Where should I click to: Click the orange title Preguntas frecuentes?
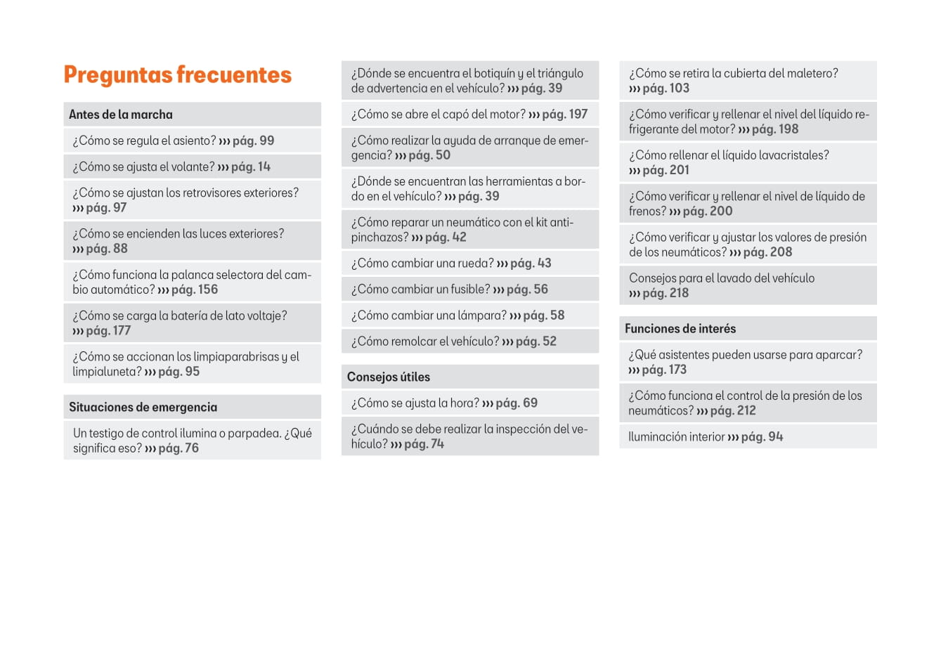coord(177,75)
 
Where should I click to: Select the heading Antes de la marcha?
coord(120,115)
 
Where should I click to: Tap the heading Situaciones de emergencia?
coord(143,407)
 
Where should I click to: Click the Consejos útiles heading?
coord(388,377)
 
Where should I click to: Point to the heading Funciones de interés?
coord(680,328)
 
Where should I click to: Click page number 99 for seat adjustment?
coord(266,141)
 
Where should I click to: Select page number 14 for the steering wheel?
coord(264,167)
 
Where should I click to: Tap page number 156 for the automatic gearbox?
coord(207,289)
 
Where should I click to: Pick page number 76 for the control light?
coord(191,448)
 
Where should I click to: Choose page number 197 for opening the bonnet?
coord(578,115)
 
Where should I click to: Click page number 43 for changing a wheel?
coord(544,263)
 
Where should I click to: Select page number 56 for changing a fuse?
coord(540,289)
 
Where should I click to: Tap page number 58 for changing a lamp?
coord(557,315)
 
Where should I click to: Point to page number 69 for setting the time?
coord(530,403)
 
